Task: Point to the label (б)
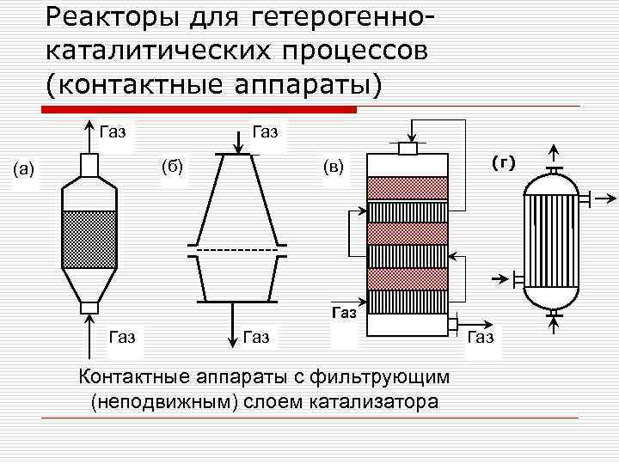173,164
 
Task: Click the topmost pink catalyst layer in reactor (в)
408,188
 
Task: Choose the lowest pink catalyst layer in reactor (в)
408,278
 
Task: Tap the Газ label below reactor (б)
257,336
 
